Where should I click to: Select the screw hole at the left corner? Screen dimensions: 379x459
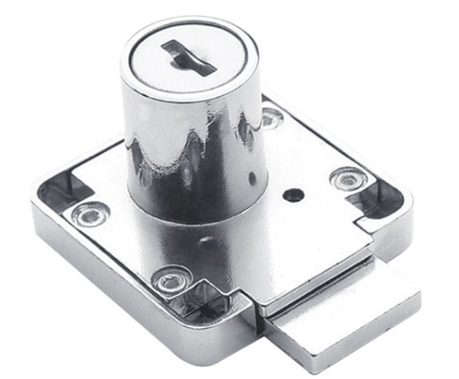tap(87, 214)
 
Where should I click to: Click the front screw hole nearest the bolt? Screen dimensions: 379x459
tap(170, 280)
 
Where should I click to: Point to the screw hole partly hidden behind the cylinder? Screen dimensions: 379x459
tap(270, 115)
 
